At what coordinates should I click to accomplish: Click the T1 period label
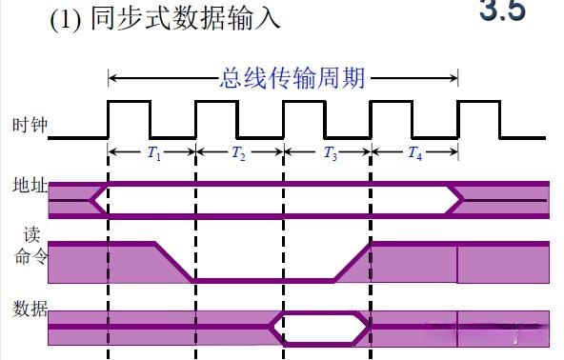pos(152,152)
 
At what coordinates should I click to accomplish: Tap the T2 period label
pos(239,152)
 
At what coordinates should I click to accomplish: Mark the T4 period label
pos(414,152)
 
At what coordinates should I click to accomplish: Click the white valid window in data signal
pos(319,327)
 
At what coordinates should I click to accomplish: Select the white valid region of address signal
pos(276,199)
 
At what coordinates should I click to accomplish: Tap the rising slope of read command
pos(352,262)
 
